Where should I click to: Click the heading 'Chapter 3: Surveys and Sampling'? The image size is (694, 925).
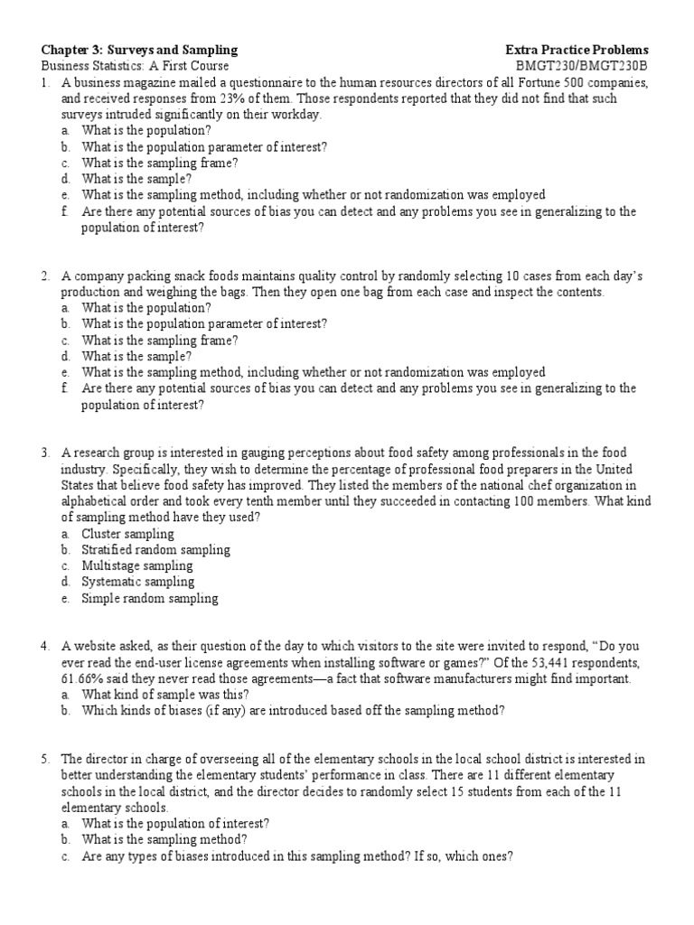coord(140,50)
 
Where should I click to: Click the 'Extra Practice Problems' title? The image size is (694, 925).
coord(577,50)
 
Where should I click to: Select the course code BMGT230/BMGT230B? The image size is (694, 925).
coord(582,66)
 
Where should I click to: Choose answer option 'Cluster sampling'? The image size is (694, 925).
coord(127,533)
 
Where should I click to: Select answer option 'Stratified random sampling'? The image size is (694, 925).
coord(155,549)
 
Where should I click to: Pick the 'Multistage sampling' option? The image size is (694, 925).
coord(137,565)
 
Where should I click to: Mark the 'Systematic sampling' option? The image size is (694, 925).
coord(137,582)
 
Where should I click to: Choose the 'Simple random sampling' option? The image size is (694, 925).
coord(149,598)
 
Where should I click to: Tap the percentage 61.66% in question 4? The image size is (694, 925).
coord(82,678)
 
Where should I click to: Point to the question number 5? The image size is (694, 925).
coord(45,759)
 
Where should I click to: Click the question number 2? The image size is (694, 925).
coord(45,275)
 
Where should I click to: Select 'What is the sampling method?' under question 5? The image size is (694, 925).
coord(159,840)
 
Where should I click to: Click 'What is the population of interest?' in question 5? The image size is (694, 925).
coord(175,824)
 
